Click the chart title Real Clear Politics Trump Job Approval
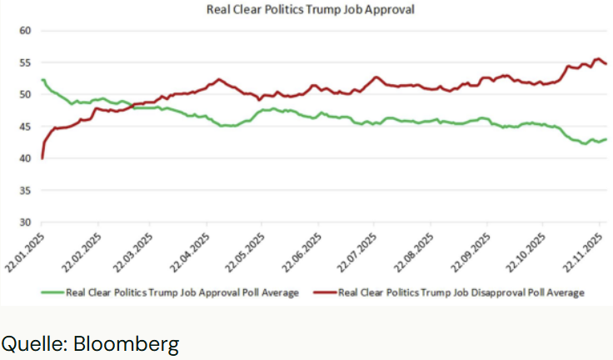coord(310,10)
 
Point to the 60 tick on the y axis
coord(24,31)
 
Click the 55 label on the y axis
coord(24,62)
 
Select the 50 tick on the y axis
coord(24,95)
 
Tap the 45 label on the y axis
coord(24,127)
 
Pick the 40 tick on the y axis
coord(24,158)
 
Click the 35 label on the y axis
coord(24,191)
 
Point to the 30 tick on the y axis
coord(24,222)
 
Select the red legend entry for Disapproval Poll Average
coord(450,292)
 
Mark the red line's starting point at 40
coord(42,158)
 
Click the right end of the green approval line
coord(606,139)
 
